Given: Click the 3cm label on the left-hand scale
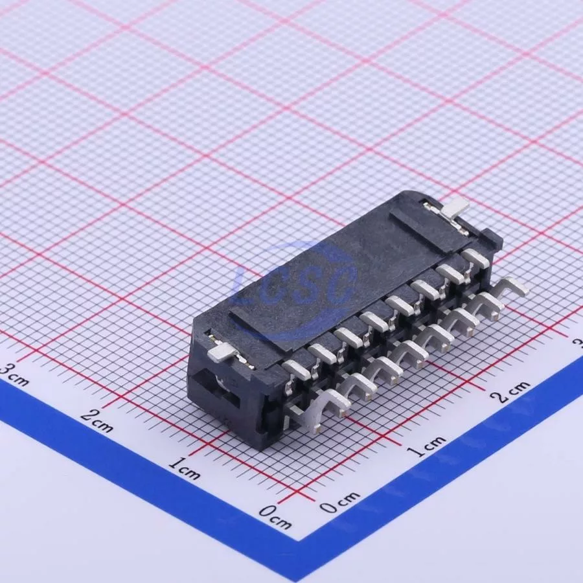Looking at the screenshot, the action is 13,374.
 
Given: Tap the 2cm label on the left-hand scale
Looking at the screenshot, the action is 97,420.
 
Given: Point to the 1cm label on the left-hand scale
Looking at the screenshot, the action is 185,468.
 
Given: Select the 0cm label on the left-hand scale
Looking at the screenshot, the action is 275,518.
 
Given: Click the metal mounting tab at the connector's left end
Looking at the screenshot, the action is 222,353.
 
